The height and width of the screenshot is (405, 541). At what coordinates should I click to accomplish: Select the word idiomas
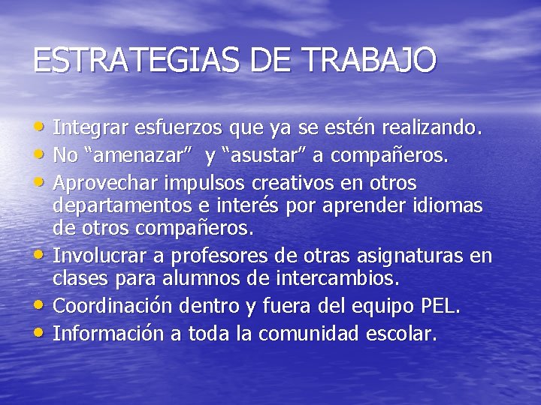tap(445, 205)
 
